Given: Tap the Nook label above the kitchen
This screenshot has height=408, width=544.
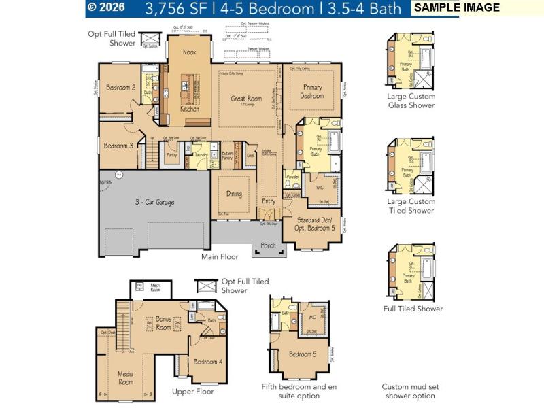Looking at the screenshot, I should coord(189,52).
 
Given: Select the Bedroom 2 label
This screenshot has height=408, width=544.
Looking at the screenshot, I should coord(120,87).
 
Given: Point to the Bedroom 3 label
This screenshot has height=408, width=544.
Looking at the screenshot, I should coord(118,146).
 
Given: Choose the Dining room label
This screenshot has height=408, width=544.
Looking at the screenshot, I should coord(234,194).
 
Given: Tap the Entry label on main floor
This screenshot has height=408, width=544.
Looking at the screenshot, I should coord(269,201).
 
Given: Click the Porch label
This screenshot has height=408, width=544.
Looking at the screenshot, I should coord(269,245).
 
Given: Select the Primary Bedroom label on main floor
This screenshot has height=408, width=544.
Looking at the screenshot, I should coord(312,91).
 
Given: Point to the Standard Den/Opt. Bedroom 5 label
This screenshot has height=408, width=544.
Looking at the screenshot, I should coord(312,224).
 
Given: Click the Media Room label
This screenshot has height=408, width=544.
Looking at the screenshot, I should coord(125,377).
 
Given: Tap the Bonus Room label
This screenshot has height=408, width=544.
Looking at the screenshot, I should coord(163,322).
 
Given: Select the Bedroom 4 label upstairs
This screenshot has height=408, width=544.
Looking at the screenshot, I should coord(207,362).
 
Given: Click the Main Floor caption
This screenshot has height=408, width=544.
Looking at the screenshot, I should coord(220,257).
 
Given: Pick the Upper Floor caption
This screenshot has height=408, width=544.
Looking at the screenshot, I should coord(193,392).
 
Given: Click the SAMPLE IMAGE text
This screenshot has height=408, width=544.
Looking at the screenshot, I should coord(457,7).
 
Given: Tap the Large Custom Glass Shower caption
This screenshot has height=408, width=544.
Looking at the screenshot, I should coord(411,101).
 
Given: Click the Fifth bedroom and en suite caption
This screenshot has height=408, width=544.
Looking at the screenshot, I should coord(299,391).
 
